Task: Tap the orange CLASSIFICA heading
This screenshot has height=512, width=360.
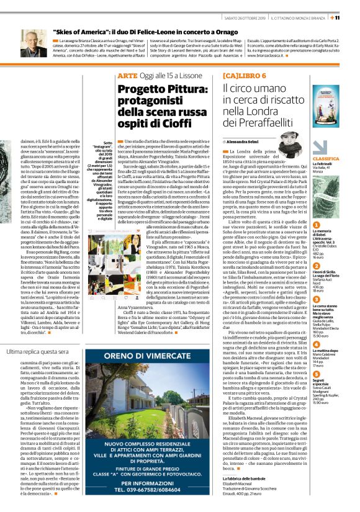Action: (335, 159)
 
